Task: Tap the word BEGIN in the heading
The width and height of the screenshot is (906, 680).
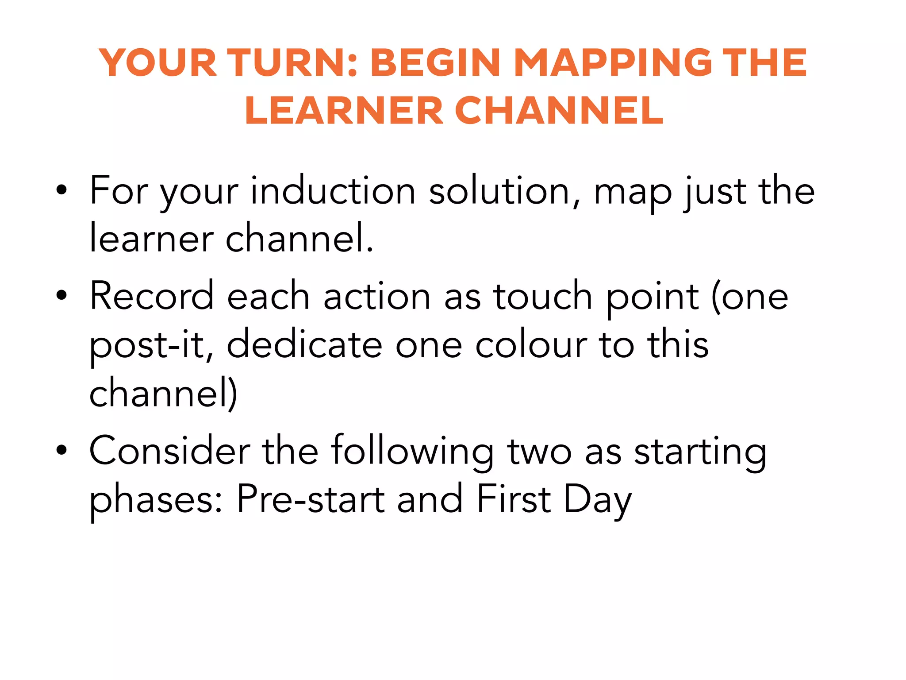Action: coord(435,63)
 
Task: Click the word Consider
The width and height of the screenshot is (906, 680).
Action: coord(169,451)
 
